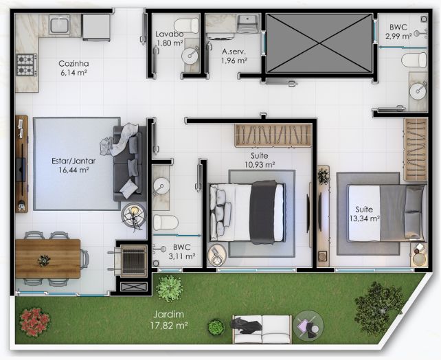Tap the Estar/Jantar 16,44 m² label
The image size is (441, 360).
[x=73, y=166]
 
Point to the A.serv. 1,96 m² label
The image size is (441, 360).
[x=234, y=56]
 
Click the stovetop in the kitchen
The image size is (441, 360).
[x=26, y=65]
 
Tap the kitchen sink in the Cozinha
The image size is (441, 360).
[x=60, y=25]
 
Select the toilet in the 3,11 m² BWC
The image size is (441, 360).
[x=166, y=223]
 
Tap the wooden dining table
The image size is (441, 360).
[x=48, y=258]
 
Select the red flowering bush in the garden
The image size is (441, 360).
[x=34, y=322]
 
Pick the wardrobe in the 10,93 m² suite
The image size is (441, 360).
[x=273, y=135]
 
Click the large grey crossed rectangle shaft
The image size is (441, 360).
[x=319, y=43]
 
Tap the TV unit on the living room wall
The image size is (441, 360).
[x=21, y=164]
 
